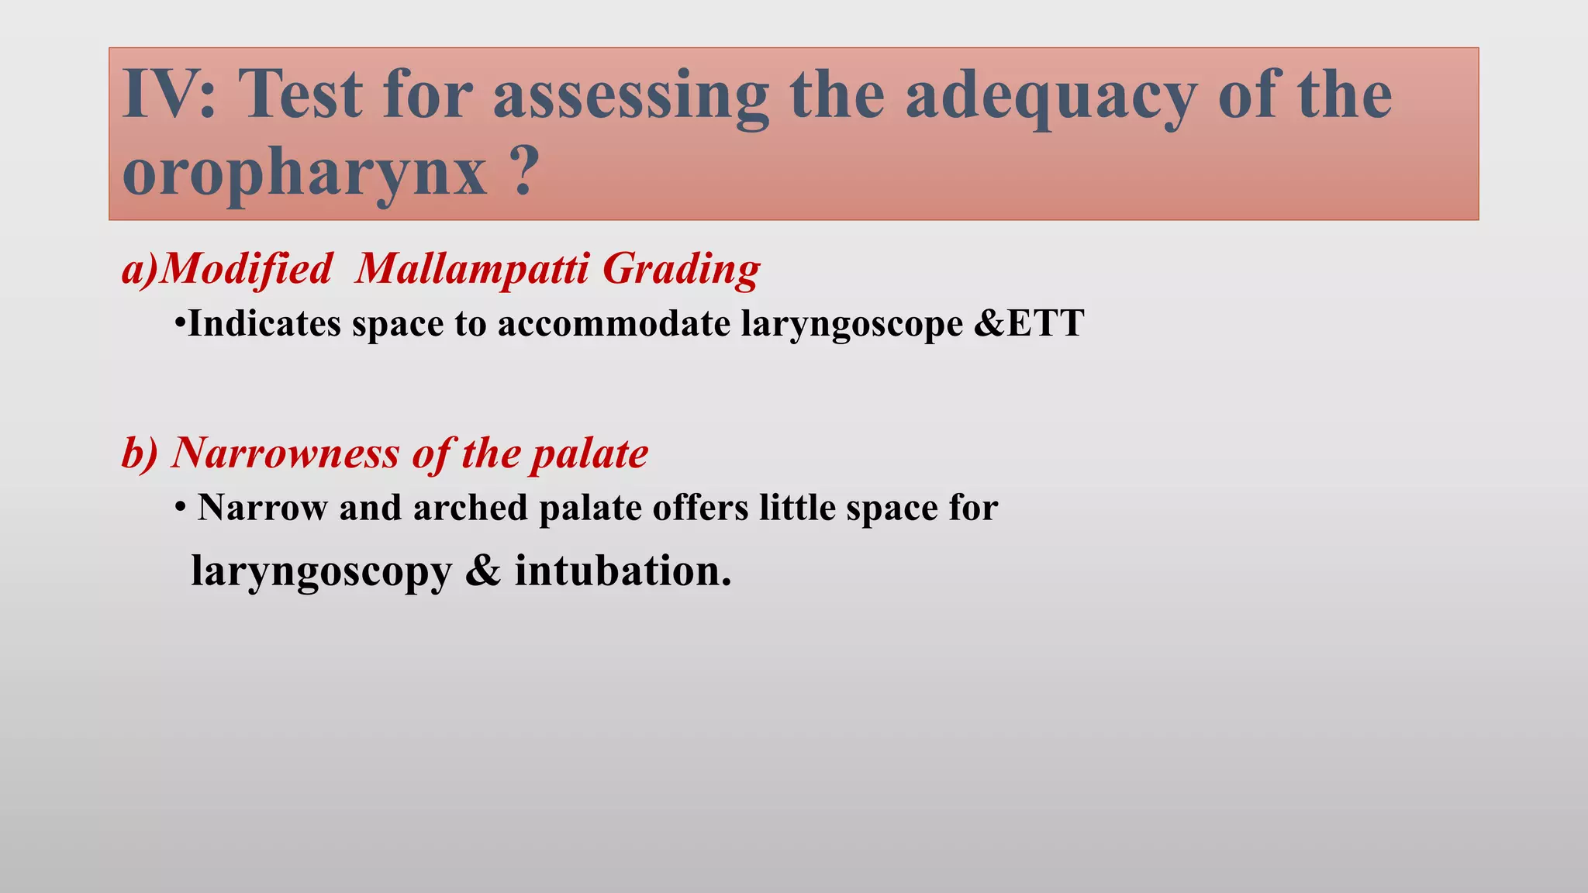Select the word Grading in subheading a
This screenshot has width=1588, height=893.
pos(681,271)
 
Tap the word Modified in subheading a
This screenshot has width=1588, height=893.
pos(245,269)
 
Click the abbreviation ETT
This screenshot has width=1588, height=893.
pos(1045,323)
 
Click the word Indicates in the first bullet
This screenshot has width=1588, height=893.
pos(264,323)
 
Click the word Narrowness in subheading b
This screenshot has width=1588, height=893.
pos(284,453)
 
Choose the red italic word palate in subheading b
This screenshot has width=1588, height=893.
pos(589,454)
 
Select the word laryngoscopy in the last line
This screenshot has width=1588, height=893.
pos(321,572)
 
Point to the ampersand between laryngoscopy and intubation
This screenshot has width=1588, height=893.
pos(483,571)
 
